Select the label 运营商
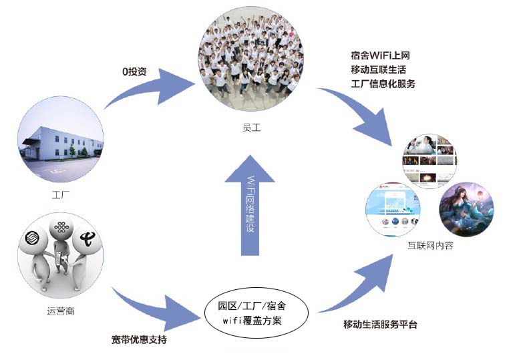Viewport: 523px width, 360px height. click(61, 310)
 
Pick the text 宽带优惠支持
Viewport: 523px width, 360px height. click(139, 340)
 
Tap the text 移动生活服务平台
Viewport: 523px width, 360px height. click(380, 325)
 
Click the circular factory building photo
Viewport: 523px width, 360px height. click(61, 142)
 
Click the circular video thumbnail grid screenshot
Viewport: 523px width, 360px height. click(429, 161)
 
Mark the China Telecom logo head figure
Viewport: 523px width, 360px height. click(88, 240)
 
